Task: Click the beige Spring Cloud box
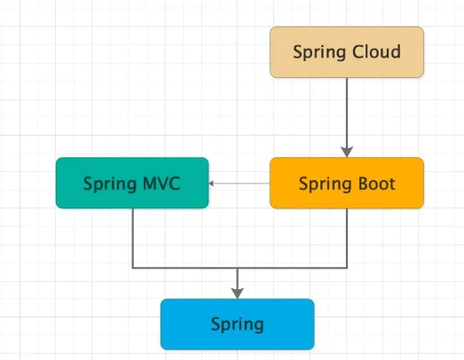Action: (x=347, y=51)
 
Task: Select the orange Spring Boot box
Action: (x=347, y=184)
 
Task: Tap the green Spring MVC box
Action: (x=132, y=184)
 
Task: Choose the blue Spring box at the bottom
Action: (x=237, y=324)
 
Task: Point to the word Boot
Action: (x=376, y=184)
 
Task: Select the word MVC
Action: (x=161, y=184)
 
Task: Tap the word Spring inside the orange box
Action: (x=325, y=184)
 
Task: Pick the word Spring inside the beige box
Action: (x=319, y=52)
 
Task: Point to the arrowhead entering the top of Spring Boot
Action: (x=347, y=151)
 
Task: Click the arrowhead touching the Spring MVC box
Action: (x=214, y=184)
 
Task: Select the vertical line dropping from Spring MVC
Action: (x=132, y=238)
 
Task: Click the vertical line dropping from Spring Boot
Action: (x=347, y=238)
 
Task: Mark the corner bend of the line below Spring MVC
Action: (x=132, y=267)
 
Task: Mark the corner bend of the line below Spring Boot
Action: (x=347, y=267)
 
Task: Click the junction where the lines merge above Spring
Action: (x=237, y=267)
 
